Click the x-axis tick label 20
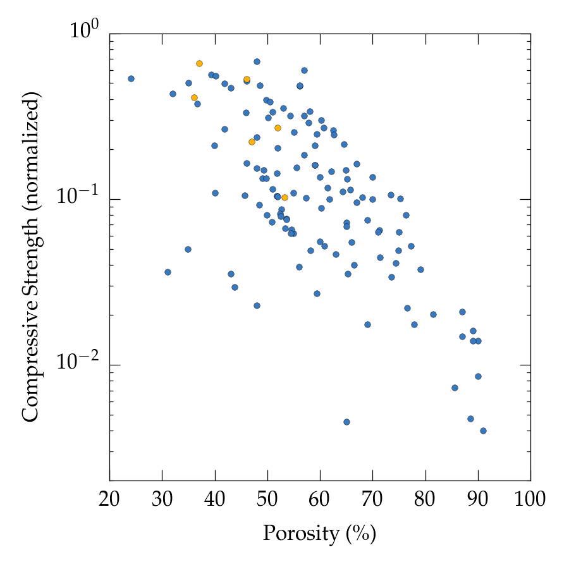109,500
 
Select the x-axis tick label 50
267,500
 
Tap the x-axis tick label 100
530,500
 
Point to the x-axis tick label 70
372,500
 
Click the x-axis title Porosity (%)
319,534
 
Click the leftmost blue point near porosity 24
131,78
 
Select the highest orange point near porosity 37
199,63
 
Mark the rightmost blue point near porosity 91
483,431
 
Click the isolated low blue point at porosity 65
346,422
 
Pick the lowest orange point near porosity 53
284,197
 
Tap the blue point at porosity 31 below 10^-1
168,272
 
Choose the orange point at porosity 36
194,97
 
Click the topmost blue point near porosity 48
257,61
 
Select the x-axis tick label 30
162,500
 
